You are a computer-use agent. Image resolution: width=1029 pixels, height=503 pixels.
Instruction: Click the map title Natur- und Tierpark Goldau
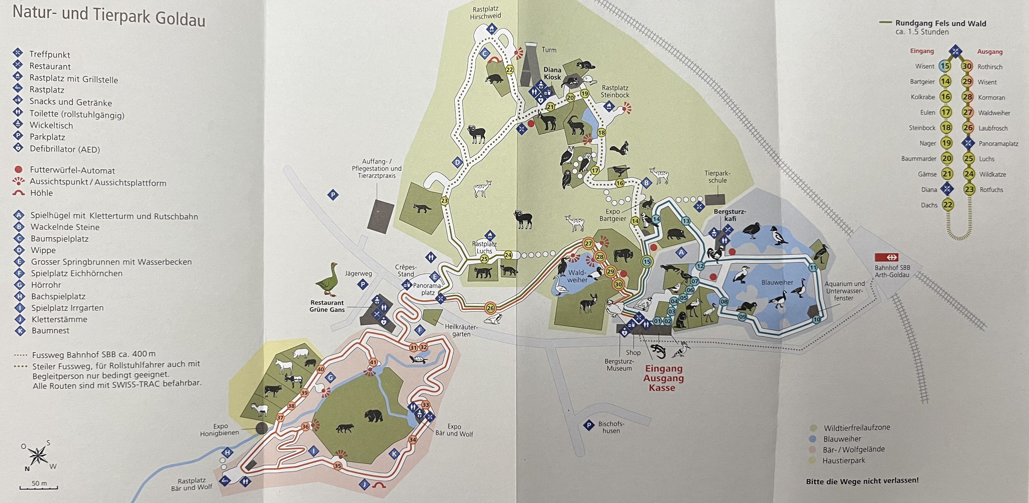pyautogui.click(x=109, y=16)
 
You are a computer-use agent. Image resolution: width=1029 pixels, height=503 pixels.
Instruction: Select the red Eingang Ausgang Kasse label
pyautogui.click(x=663, y=378)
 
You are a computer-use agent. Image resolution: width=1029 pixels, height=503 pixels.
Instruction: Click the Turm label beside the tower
pyautogui.click(x=549, y=50)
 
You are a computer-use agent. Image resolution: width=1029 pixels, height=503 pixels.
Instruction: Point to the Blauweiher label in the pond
pyautogui.click(x=777, y=282)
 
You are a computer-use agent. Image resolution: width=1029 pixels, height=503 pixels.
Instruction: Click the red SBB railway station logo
pyautogui.click(x=892, y=257)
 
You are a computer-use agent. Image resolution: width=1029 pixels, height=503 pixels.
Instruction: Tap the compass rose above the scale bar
pyautogui.click(x=38, y=455)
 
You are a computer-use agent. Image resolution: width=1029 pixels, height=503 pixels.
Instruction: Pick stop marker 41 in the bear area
pyautogui.click(x=373, y=362)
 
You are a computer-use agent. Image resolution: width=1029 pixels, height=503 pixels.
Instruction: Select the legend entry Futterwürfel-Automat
pyautogui.click(x=72, y=170)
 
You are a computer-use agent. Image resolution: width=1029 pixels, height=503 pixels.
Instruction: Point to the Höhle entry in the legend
pyautogui.click(x=41, y=193)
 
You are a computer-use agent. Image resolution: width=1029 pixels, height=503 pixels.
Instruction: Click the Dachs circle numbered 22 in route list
pyautogui.click(x=948, y=205)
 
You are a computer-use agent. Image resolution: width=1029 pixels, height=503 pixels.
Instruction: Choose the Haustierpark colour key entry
pyautogui.click(x=843, y=460)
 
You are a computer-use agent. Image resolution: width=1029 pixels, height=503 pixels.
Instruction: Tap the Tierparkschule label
pyautogui.click(x=717, y=177)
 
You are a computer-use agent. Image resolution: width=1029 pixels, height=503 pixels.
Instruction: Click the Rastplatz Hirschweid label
pyautogui.click(x=485, y=13)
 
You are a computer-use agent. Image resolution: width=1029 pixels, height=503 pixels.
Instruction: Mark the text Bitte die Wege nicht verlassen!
pyautogui.click(x=862, y=481)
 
